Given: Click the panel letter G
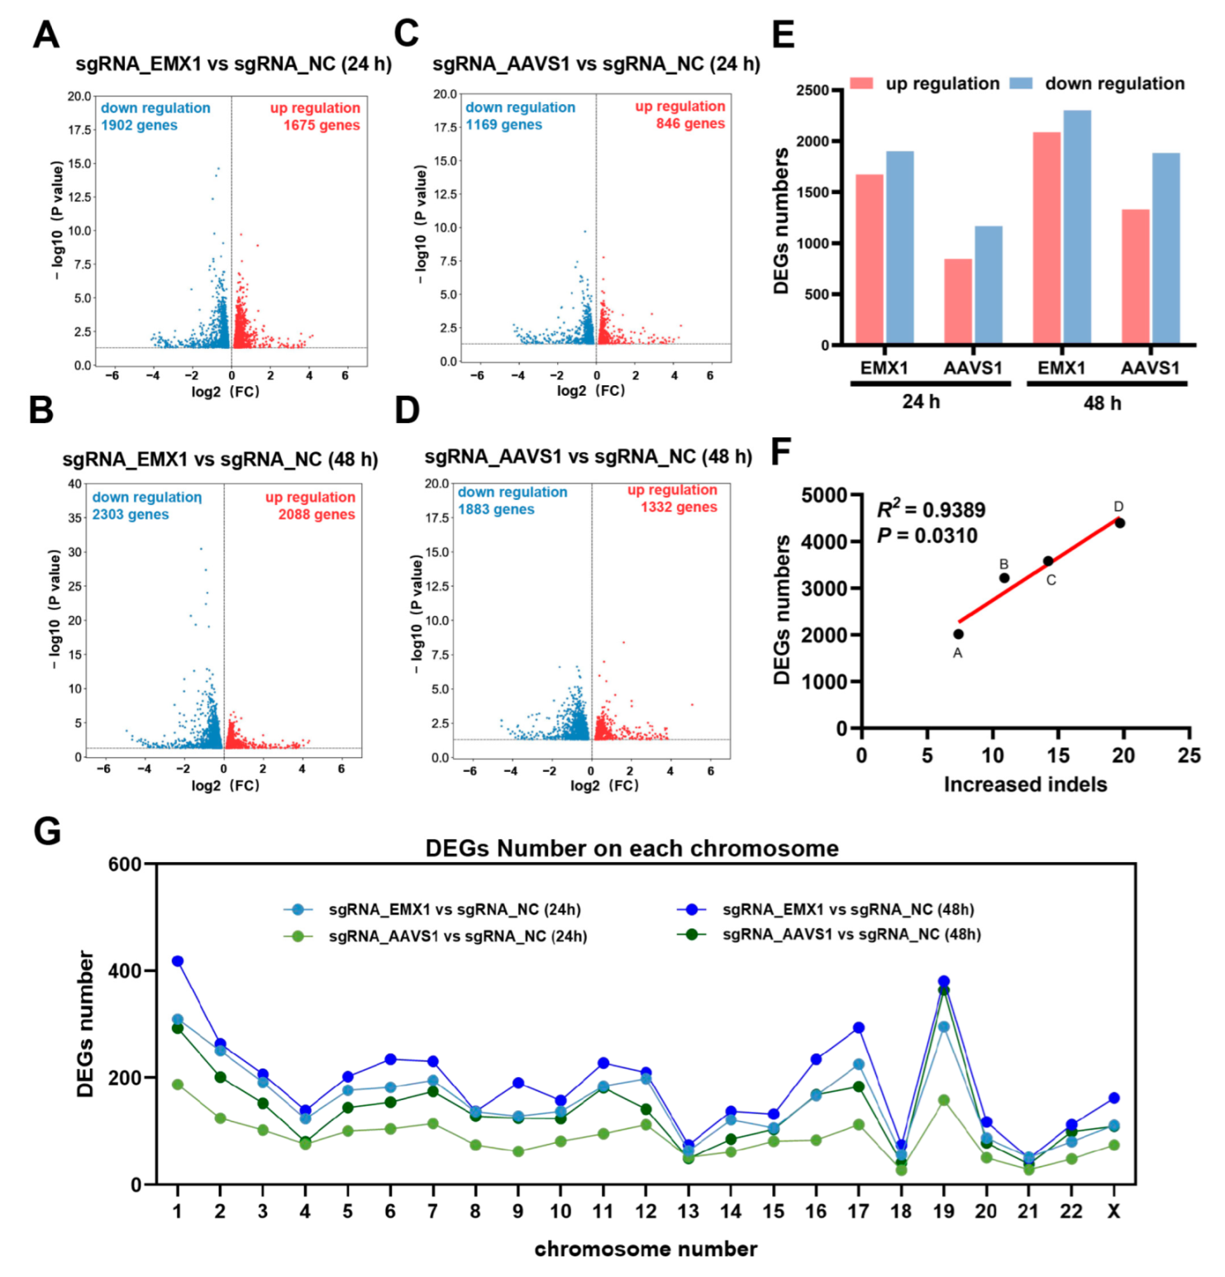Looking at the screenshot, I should click(x=46, y=831).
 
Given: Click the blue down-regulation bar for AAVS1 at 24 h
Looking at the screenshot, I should click(x=988, y=284).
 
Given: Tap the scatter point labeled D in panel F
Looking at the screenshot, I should click(x=1119, y=522).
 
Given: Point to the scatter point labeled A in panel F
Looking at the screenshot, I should click(x=958, y=634).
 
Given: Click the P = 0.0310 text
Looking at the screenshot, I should click(x=927, y=536).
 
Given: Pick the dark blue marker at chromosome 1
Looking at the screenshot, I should click(x=178, y=961).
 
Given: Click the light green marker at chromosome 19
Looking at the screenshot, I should click(x=944, y=1100).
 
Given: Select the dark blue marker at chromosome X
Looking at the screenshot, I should click(x=1113, y=1098).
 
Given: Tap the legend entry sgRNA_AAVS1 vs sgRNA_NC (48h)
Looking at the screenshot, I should click(x=851, y=934).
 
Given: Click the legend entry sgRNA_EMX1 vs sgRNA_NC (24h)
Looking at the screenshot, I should click(x=454, y=909).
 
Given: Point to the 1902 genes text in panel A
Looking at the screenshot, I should click(x=139, y=126).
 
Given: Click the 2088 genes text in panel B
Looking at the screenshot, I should click(x=317, y=514).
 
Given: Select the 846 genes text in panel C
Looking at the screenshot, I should click(x=690, y=124).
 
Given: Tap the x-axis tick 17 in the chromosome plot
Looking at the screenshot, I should click(x=858, y=1211).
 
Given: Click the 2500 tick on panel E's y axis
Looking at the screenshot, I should click(x=812, y=90).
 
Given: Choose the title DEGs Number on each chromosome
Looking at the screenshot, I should click(x=632, y=849).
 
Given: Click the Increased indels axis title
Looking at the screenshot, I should click(x=1025, y=784).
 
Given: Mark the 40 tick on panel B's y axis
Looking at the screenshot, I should click(x=74, y=484).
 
